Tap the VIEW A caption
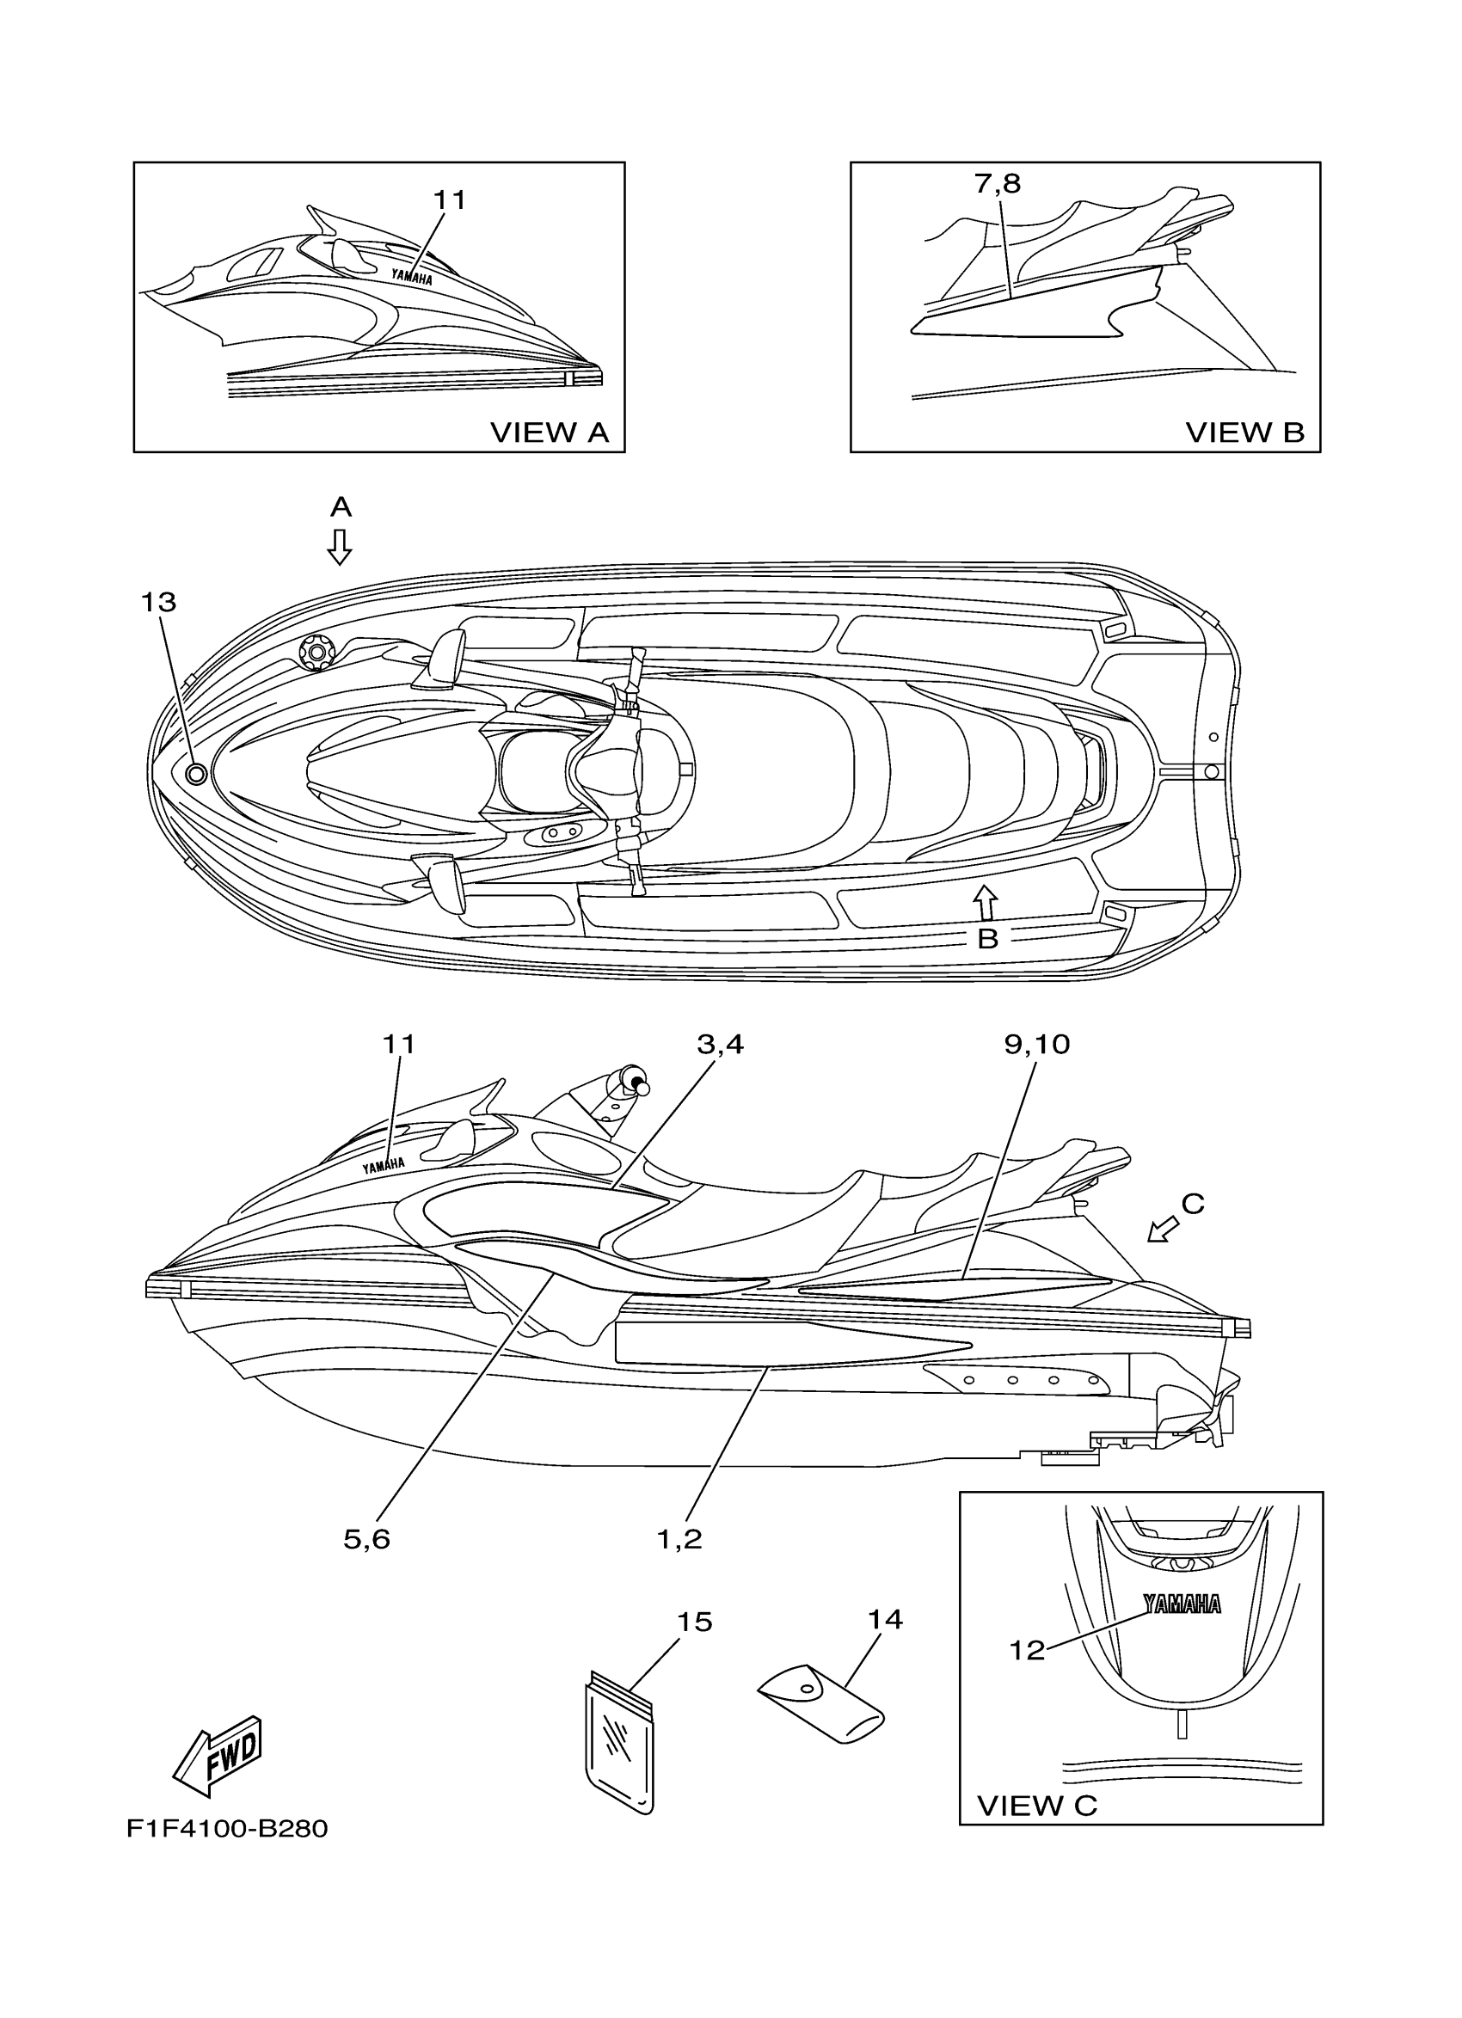tap(549, 432)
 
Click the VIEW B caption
tap(1244, 432)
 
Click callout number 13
tap(158, 603)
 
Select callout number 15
tap(694, 1622)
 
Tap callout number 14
tap(886, 1619)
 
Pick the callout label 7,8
tap(998, 183)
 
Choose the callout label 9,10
tap(1036, 1044)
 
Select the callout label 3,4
tap(720, 1044)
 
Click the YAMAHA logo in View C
tap(1182, 1604)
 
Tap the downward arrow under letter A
tap(339, 546)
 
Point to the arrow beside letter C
tap(1161, 1230)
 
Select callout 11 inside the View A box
tap(450, 200)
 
